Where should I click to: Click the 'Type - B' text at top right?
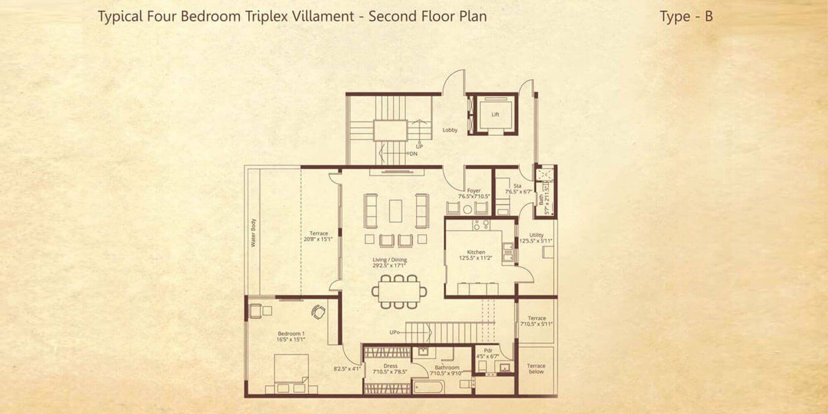pyautogui.click(x=686, y=17)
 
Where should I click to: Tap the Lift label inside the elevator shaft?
pyautogui.click(x=495, y=114)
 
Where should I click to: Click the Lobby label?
pyautogui.click(x=450, y=130)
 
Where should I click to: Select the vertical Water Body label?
pyautogui.click(x=254, y=232)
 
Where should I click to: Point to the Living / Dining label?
pyautogui.click(x=390, y=260)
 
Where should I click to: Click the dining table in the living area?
pyautogui.click(x=398, y=291)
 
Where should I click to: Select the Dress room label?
pyautogui.click(x=390, y=366)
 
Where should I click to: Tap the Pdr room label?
pyautogui.click(x=487, y=350)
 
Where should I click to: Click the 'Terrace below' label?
pyautogui.click(x=536, y=368)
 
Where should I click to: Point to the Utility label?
pyautogui.click(x=536, y=235)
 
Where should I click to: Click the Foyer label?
pyautogui.click(x=474, y=191)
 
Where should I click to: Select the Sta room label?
pyautogui.click(x=517, y=186)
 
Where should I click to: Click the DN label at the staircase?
pyautogui.click(x=414, y=154)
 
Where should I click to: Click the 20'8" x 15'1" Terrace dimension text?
pyautogui.click(x=318, y=239)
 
